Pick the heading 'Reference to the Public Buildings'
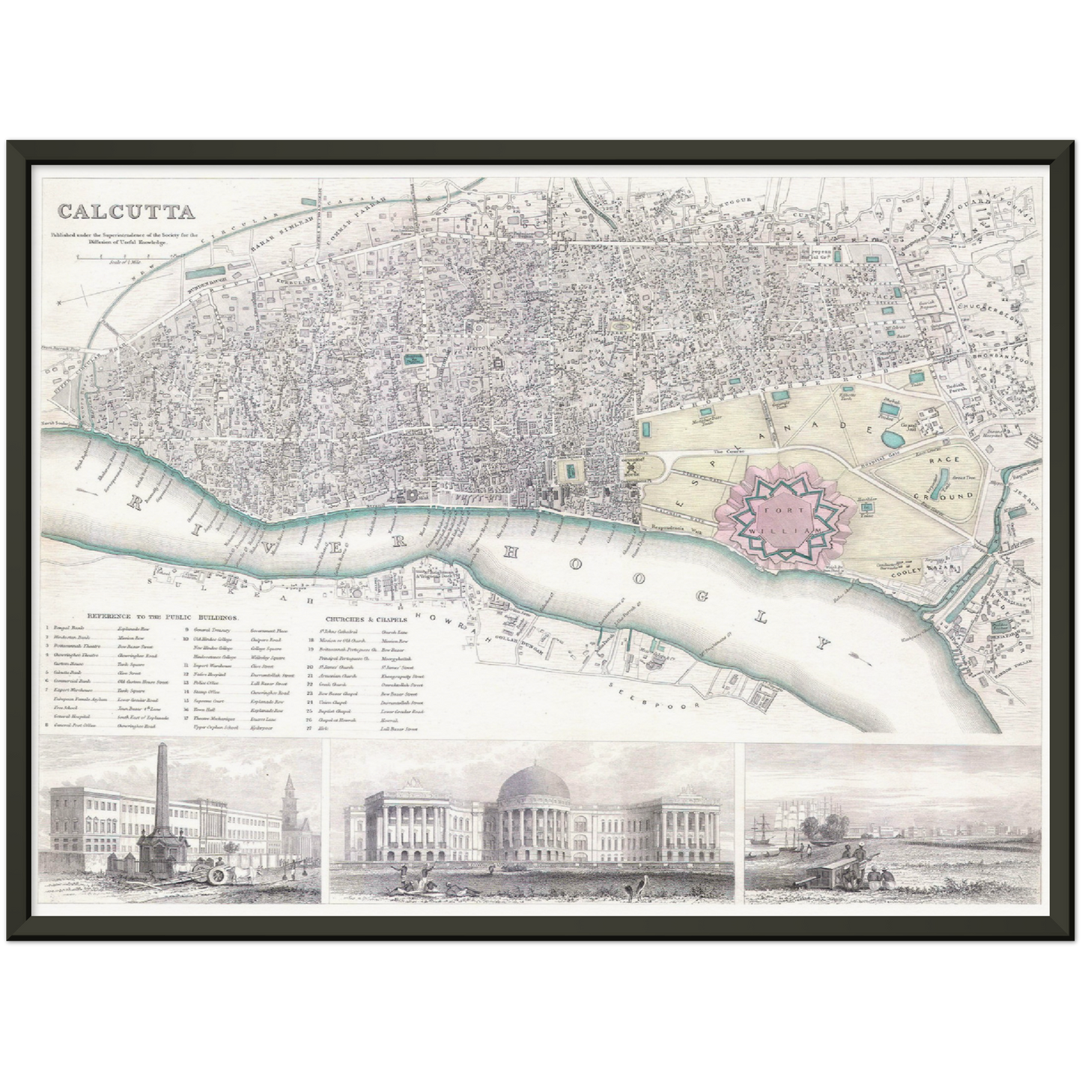point(162,618)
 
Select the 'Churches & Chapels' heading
point(366,620)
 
